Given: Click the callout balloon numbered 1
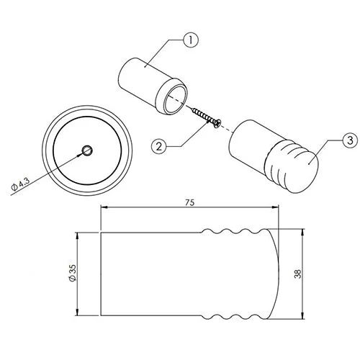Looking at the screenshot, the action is [x=191, y=40].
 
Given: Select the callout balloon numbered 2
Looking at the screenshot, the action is [x=159, y=146].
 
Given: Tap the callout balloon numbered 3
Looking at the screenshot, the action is [x=350, y=140].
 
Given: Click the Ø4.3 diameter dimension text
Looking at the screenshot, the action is [x=21, y=184].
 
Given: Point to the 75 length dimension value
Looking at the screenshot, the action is [x=189, y=203].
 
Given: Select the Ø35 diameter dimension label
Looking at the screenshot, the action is [x=72, y=273].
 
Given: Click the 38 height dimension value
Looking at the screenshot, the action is [x=297, y=274].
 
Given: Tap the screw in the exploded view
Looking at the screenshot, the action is [x=206, y=117].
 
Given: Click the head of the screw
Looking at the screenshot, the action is [x=217, y=124].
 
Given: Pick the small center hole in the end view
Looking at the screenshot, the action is [x=87, y=150].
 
